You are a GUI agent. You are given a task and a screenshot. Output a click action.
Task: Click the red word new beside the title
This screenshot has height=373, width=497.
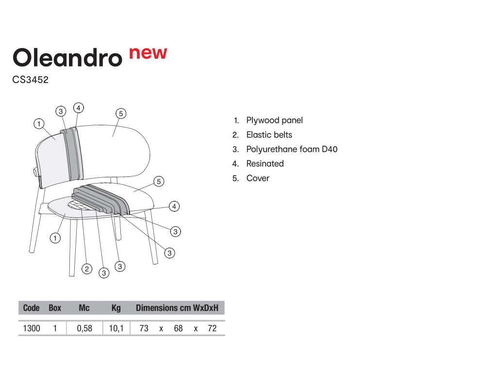tap(148, 53)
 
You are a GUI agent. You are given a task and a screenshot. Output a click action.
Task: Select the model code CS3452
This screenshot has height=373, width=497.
tap(31, 80)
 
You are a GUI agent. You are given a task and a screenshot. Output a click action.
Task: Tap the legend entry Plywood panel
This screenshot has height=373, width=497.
tap(275, 120)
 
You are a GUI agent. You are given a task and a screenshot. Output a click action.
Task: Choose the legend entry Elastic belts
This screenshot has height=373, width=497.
tap(269, 135)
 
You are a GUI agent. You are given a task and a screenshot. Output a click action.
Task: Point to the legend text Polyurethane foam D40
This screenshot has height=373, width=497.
tap(292, 149)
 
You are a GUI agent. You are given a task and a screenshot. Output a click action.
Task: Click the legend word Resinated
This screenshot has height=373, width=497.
tap(265, 164)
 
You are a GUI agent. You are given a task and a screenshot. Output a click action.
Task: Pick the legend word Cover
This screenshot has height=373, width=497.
tap(258, 178)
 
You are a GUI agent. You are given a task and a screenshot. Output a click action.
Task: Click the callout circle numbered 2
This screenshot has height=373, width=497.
tap(87, 269)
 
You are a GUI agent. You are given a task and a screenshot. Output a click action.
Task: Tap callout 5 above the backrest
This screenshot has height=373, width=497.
tap(121, 114)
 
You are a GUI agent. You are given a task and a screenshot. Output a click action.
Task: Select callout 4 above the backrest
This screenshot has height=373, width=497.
tap(79, 108)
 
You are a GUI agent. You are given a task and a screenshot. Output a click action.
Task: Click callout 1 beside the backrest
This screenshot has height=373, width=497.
tap(39, 124)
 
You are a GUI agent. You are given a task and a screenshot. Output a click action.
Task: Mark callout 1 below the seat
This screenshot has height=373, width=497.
tap(55, 238)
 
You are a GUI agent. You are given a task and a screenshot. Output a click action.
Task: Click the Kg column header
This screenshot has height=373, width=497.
tap(116, 308)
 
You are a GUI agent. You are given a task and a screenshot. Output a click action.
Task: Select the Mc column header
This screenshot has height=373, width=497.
tap(84, 308)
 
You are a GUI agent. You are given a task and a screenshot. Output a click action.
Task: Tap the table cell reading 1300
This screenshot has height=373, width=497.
tap(32, 328)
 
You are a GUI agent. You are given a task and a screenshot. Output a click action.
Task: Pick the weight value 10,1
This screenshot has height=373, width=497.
tap(116, 328)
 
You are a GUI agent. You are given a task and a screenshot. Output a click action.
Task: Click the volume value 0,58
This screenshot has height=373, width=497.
tap(84, 328)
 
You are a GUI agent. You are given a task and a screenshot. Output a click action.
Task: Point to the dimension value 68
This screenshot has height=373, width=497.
tap(178, 328)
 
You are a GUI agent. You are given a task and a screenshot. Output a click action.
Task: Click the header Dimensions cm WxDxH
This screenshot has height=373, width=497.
tap(177, 308)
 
